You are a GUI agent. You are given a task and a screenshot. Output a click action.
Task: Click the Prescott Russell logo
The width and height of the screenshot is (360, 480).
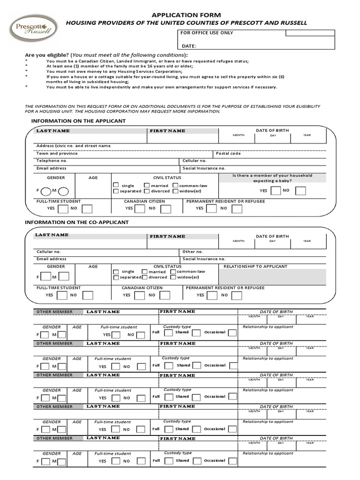point(34,29)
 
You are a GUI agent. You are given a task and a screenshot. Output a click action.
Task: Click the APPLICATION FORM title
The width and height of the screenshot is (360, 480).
point(186,15)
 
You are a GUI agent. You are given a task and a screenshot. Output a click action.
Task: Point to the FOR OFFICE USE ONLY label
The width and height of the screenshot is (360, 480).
point(207,33)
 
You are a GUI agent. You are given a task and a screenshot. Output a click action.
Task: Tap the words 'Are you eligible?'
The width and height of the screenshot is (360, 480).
point(47,55)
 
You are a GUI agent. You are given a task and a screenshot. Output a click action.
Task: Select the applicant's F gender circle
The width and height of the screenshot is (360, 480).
point(46,191)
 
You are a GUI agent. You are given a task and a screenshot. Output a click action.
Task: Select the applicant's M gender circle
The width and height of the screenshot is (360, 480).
point(63,191)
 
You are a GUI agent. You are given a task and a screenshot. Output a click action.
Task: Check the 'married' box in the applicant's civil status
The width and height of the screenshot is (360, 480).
point(147,185)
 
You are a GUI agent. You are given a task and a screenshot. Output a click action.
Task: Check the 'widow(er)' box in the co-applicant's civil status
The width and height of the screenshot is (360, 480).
point(173,277)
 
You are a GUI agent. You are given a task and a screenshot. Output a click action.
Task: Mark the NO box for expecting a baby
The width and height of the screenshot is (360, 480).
point(300,191)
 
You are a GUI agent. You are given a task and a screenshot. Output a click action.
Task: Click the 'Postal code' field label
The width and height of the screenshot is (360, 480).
point(228,153)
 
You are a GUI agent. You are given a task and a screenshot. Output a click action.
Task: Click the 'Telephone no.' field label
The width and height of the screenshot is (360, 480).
point(52,160)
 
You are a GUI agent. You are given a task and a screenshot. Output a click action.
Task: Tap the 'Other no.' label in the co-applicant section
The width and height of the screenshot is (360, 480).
point(193,252)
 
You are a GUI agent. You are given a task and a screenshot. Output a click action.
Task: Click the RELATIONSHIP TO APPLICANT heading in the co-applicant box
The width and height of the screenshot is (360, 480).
point(255,266)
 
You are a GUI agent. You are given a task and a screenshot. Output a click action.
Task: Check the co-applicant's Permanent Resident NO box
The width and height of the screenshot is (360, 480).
point(237,295)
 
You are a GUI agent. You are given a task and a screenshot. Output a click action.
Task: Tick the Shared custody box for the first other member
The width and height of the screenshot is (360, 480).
point(196,333)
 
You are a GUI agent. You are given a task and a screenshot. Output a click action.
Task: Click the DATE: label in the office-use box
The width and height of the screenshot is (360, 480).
point(189,46)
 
